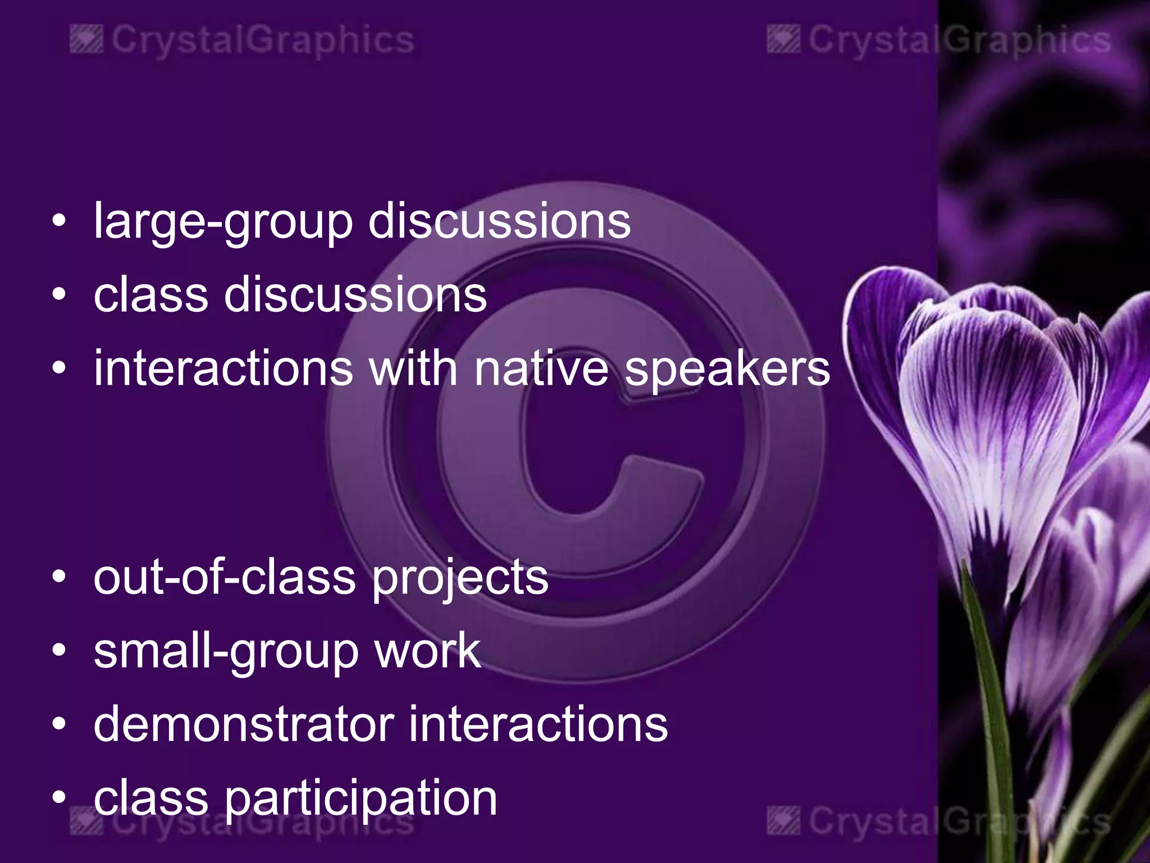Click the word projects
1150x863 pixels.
click(x=460, y=579)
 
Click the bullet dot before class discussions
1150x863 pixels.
click(x=59, y=294)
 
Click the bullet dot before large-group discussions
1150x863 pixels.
click(x=59, y=221)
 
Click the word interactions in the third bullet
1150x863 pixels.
click(x=223, y=369)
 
